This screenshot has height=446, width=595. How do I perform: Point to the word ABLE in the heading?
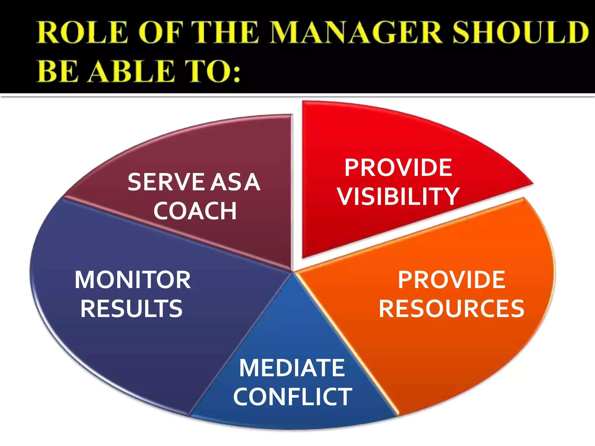pos(132,71)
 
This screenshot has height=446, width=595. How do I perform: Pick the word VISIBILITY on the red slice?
pos(398,197)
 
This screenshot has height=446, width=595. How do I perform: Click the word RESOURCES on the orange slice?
pos(451,309)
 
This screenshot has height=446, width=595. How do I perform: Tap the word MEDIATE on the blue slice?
pos(292,368)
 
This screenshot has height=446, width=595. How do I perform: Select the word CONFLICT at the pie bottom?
pos(293,397)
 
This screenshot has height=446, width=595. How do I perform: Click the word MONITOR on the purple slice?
pos(133,280)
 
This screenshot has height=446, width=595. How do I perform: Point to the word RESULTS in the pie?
pos(132,309)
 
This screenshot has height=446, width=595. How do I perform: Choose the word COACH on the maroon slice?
pos(195,211)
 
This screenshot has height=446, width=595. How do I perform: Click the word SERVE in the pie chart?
pos(166,182)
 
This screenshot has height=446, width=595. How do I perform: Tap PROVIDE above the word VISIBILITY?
pos(398,168)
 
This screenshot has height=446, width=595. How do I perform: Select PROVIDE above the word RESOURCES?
pos(451,280)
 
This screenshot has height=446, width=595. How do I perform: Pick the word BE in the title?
pos(58,71)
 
